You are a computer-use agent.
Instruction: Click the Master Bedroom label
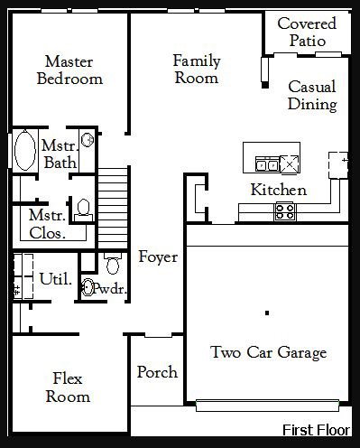(x=69, y=70)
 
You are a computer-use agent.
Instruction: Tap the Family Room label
(x=197, y=70)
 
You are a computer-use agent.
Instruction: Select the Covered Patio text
(x=307, y=32)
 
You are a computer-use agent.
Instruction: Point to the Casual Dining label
(x=312, y=96)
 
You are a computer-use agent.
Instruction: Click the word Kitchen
(x=279, y=190)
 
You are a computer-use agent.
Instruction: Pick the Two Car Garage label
(x=269, y=352)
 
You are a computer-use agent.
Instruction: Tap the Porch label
(x=157, y=372)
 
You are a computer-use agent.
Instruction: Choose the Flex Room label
(x=68, y=387)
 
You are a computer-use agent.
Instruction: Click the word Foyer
(x=158, y=257)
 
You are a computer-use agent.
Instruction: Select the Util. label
(x=56, y=279)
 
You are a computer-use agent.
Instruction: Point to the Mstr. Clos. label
(x=48, y=224)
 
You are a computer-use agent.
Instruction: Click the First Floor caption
(x=316, y=430)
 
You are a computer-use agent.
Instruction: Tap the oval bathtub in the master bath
(x=25, y=150)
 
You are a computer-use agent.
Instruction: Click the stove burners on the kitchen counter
(x=285, y=211)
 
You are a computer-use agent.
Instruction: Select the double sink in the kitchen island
(x=267, y=163)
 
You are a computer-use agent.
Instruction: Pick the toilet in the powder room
(x=113, y=264)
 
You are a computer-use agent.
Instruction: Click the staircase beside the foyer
(x=113, y=209)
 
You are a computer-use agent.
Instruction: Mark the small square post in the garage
(x=267, y=313)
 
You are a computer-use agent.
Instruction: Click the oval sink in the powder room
(x=88, y=287)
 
